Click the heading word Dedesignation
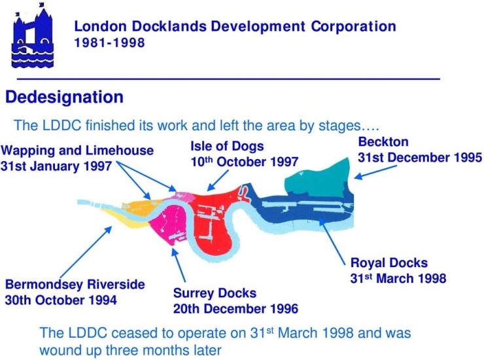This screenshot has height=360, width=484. pyautogui.click(x=64, y=97)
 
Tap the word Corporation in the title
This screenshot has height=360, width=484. pyautogui.click(x=353, y=27)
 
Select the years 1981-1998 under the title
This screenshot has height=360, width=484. pyautogui.click(x=109, y=43)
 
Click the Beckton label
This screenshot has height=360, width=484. pyautogui.click(x=383, y=142)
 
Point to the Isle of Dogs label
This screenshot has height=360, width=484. pyautogui.click(x=227, y=146)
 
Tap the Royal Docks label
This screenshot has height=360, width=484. pyautogui.click(x=389, y=263)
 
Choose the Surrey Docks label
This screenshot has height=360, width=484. pyautogui.click(x=215, y=293)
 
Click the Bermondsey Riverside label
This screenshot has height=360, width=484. pyautogui.click(x=75, y=285)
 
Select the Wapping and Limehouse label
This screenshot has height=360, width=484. pyautogui.click(x=77, y=151)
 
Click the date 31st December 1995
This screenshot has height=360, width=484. pyautogui.click(x=420, y=158)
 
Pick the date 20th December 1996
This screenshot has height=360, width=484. pyautogui.click(x=236, y=309)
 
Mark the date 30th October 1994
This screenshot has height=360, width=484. pyautogui.click(x=61, y=300)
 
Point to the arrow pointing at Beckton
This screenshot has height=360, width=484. pyautogui.click(x=375, y=172)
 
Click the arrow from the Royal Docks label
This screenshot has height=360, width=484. pyautogui.click(x=332, y=242)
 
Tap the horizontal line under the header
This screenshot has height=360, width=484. pyautogui.click(x=228, y=79)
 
